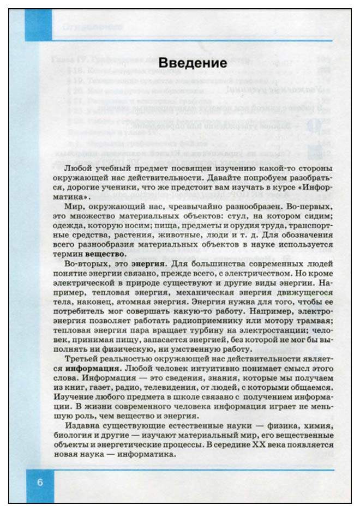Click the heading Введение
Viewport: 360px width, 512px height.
pyautogui.click(x=192, y=63)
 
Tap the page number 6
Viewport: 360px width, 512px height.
pyautogui.click(x=40, y=484)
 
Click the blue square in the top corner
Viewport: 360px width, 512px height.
pyautogui.click(x=38, y=25)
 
